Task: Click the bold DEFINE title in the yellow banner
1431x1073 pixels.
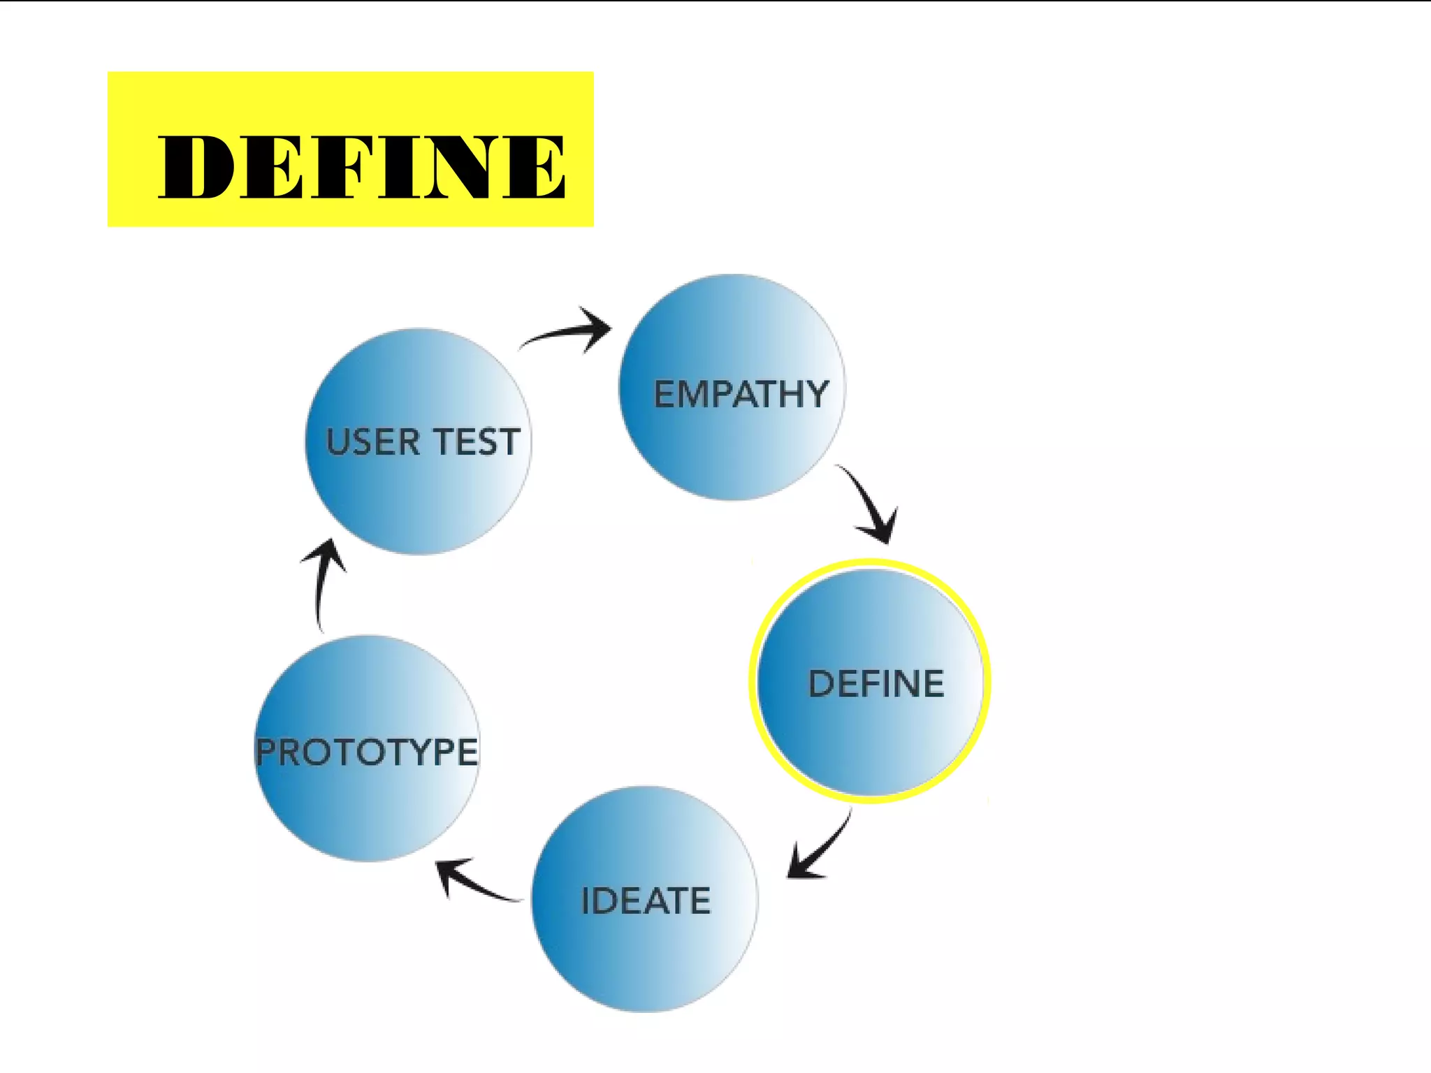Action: pyautogui.click(x=361, y=166)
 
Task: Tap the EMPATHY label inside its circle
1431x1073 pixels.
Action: pyautogui.click(x=741, y=394)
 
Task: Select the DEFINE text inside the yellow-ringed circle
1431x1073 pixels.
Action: pyautogui.click(x=876, y=684)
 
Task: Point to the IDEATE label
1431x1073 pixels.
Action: pyautogui.click(x=646, y=900)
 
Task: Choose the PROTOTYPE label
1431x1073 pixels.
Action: pyautogui.click(x=367, y=752)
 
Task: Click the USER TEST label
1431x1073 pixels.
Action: pyautogui.click(x=423, y=442)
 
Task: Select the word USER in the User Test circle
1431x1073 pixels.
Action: pyautogui.click(x=372, y=442)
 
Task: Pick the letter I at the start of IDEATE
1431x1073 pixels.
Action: pyautogui.click(x=586, y=900)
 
